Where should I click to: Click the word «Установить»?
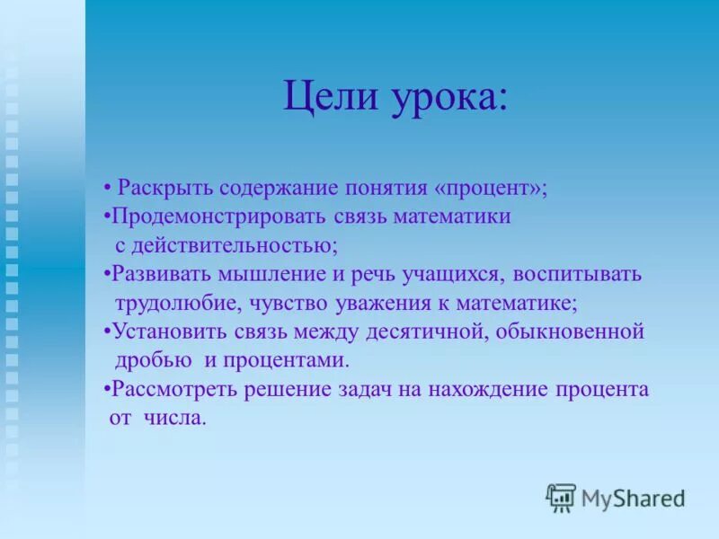167,331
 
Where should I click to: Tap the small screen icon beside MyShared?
561,497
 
